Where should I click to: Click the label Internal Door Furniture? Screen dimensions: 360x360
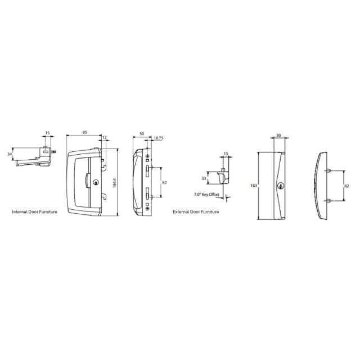34,212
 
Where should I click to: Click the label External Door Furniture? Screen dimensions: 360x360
196,212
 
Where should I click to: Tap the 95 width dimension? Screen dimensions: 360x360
84,133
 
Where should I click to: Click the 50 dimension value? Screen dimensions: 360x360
141,133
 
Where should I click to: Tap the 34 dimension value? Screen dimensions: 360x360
10,153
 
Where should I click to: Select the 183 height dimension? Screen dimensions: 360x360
253,184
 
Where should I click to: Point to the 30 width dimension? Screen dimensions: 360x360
279,136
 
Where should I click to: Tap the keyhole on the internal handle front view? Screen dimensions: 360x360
96,182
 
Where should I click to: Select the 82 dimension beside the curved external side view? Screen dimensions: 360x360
347,185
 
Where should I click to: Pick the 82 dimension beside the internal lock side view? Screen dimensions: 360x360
164,182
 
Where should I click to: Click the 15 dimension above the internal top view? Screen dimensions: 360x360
47,133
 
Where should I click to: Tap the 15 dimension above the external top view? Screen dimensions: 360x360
226,154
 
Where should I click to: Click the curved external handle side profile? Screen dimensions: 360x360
318,186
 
